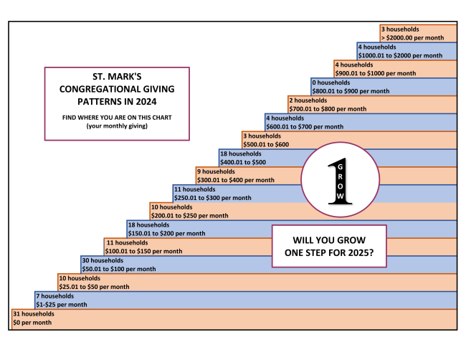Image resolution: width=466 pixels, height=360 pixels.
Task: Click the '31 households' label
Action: (x=33, y=313)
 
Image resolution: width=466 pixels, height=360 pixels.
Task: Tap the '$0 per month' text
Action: (x=32, y=322)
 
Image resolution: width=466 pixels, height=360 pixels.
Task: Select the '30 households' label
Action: (x=103, y=260)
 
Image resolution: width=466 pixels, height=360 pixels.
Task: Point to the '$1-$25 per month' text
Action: (x=61, y=305)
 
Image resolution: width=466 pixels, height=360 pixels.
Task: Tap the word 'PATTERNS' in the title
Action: (x=90, y=101)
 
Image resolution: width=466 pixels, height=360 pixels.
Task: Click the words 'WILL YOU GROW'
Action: (x=330, y=240)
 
